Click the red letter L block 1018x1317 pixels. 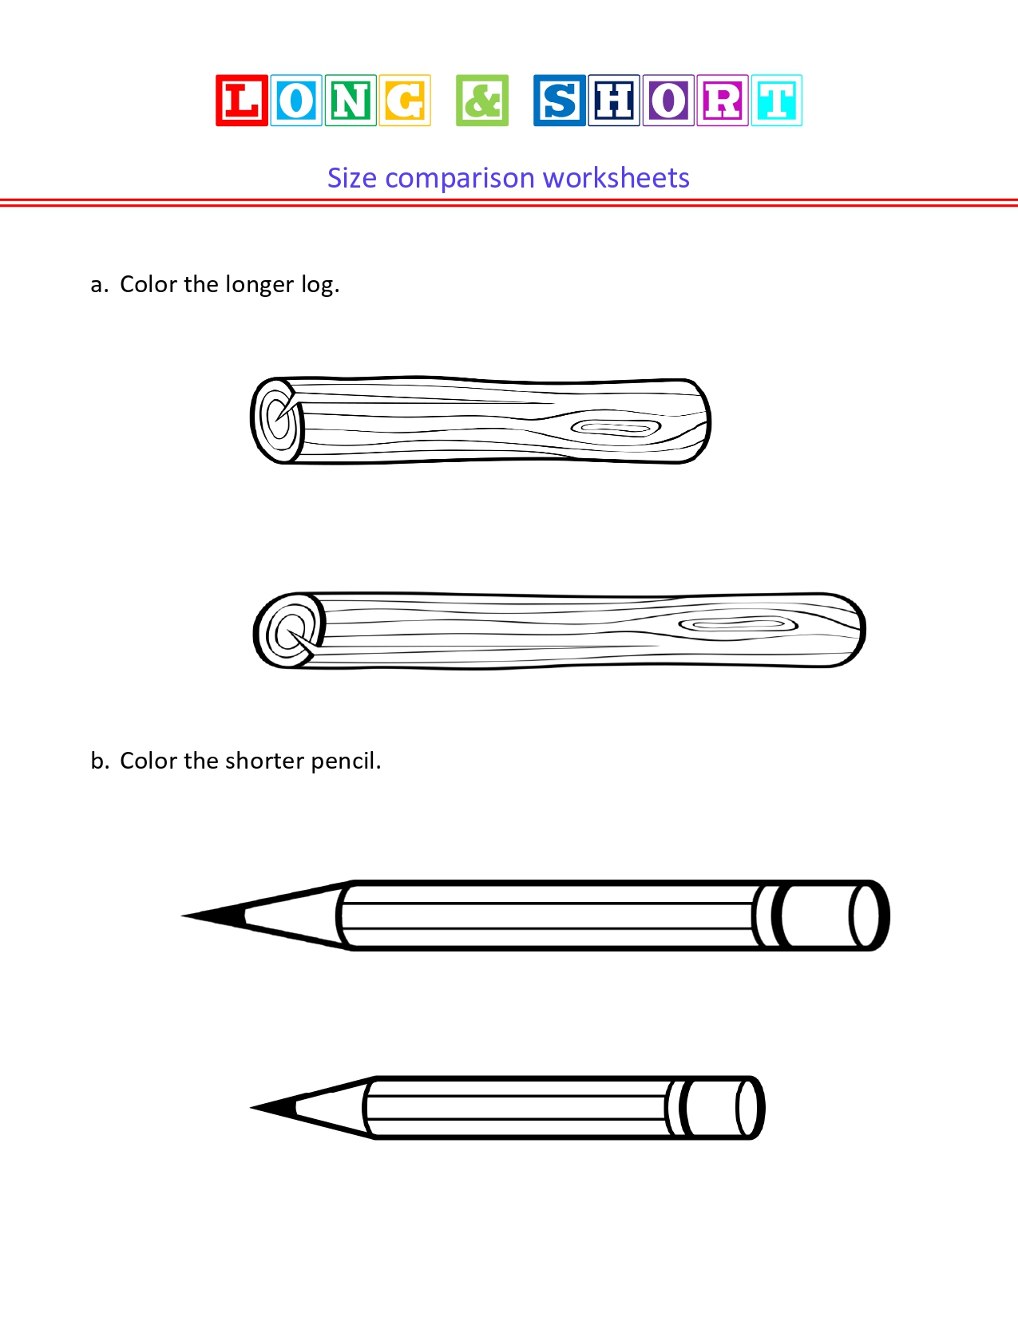pyautogui.click(x=241, y=101)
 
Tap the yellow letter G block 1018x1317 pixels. pyautogui.click(x=405, y=101)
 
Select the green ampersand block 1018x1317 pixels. pyautogui.click(x=482, y=101)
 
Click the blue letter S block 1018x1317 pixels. pyautogui.click(x=559, y=101)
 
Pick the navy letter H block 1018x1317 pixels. pyautogui.click(x=614, y=101)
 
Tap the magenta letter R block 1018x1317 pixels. pyautogui.click(x=723, y=101)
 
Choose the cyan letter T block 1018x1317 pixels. pyautogui.click(x=776, y=101)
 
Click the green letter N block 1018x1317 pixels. pyautogui.click(x=350, y=101)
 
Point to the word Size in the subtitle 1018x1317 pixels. pyautogui.click(x=351, y=178)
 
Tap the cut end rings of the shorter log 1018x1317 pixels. pyautogui.click(x=278, y=420)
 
